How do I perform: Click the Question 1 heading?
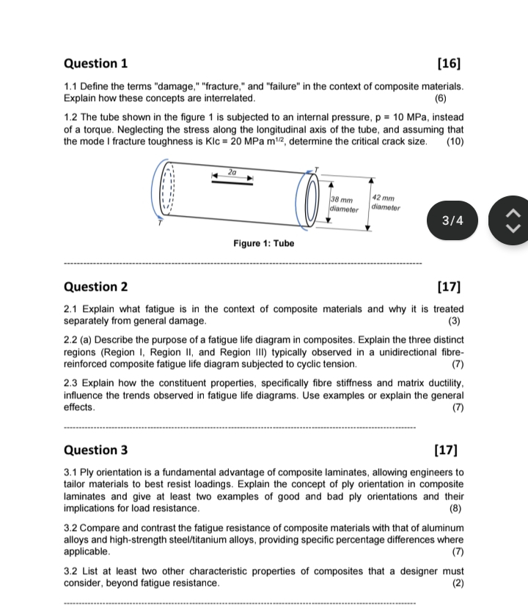click(x=95, y=63)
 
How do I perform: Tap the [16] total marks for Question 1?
click(x=448, y=63)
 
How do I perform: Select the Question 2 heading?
click(x=96, y=286)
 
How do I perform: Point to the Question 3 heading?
click(x=96, y=450)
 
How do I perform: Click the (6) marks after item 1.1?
click(x=439, y=97)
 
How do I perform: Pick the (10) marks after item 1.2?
click(x=455, y=141)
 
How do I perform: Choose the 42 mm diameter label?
click(x=385, y=202)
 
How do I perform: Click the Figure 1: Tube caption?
click(x=263, y=243)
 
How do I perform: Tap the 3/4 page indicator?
click(x=453, y=219)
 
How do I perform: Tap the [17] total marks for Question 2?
click(x=448, y=286)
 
